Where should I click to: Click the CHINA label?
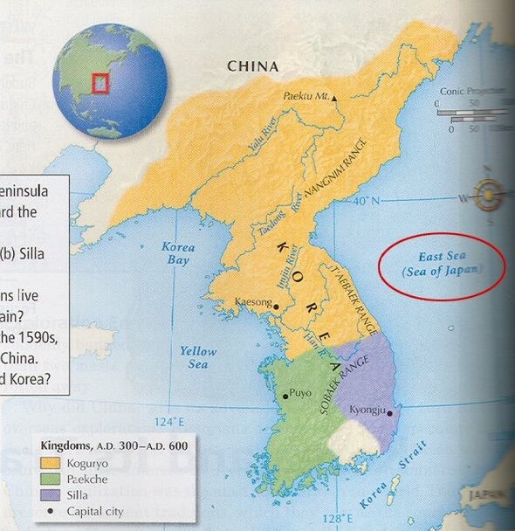(252, 66)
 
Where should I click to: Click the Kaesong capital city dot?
(276, 307)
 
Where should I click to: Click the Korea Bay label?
(178, 254)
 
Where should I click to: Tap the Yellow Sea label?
(198, 357)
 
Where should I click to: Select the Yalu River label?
(262, 135)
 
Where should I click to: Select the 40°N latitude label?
(367, 203)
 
